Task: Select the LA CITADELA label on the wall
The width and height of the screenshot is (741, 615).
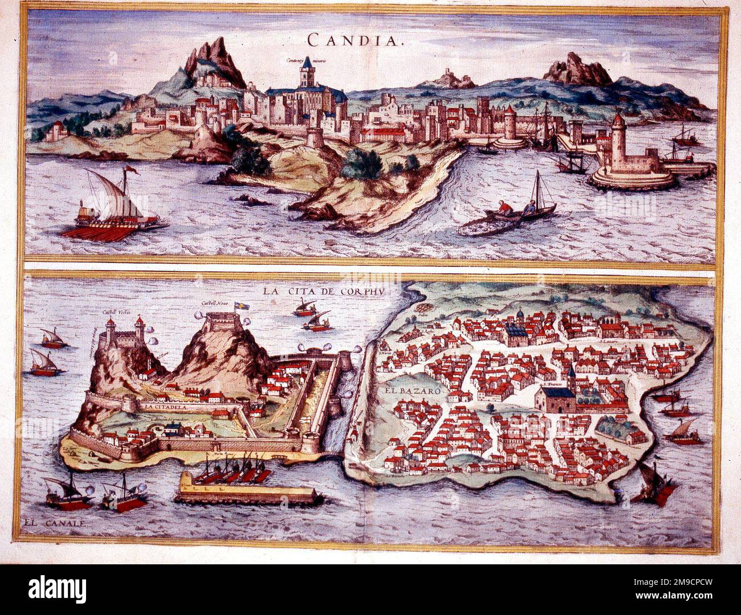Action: coord(165,407)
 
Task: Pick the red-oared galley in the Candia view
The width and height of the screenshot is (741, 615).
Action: coord(114,214)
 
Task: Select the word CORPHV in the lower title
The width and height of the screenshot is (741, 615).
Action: coord(364,292)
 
